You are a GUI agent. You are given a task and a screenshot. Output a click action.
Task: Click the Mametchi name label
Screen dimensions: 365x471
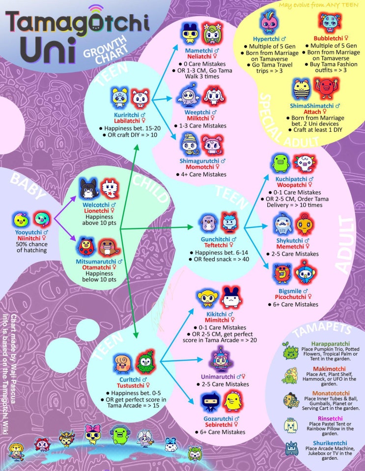(199, 50)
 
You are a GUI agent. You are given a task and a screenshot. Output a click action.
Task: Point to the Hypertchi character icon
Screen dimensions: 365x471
(269, 22)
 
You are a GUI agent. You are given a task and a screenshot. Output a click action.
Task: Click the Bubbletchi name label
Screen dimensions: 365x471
(328, 38)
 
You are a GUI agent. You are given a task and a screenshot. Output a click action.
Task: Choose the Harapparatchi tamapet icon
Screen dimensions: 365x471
(290, 351)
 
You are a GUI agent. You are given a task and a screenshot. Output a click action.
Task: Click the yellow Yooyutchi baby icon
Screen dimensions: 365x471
(21, 220)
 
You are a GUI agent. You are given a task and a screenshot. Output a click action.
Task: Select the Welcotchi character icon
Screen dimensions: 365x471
(88, 189)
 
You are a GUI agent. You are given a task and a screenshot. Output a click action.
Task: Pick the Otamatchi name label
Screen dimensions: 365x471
(96, 267)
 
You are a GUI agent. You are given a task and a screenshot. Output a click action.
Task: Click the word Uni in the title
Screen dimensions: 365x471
(48, 50)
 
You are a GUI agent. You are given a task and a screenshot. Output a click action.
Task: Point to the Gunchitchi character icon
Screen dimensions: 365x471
(209, 223)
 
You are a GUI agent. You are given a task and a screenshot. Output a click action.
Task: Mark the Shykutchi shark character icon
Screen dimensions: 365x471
(283, 224)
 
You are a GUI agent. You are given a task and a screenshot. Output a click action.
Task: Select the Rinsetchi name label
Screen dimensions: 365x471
(330, 419)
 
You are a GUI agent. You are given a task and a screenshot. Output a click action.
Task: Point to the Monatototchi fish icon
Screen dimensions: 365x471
(291, 400)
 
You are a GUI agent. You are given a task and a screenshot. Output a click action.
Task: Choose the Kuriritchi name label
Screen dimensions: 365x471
(127, 115)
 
